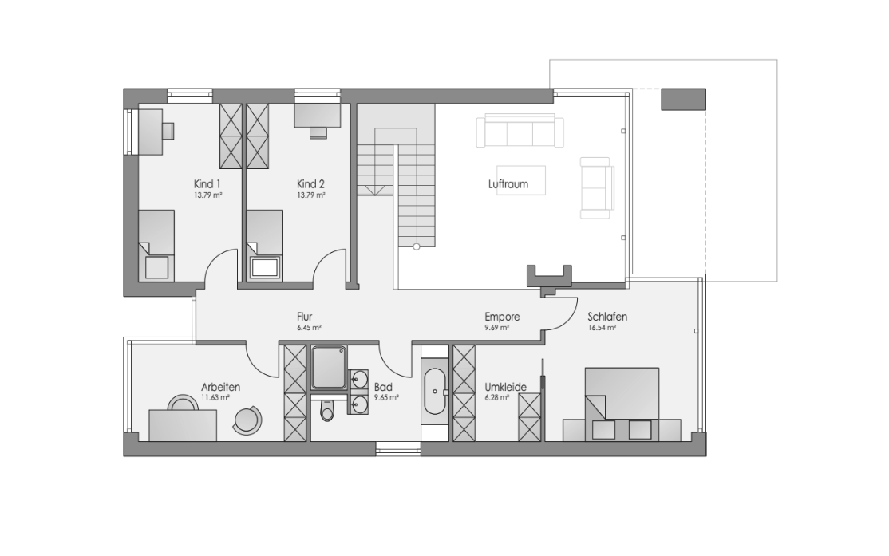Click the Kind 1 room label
(x=207, y=184)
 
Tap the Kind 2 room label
(x=310, y=184)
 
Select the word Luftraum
(x=508, y=184)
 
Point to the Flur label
(x=305, y=317)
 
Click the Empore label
(x=502, y=317)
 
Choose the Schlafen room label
(x=607, y=317)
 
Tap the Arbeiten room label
(x=220, y=387)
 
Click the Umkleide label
(x=506, y=387)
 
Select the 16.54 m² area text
(x=603, y=328)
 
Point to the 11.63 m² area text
(x=215, y=398)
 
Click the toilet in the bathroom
(x=327, y=410)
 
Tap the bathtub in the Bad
(x=436, y=392)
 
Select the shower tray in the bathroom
(x=329, y=369)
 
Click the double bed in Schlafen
(x=622, y=404)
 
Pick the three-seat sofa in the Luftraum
(x=520, y=132)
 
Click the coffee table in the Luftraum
(x=521, y=180)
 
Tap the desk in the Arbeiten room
(x=183, y=425)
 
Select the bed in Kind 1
(x=156, y=245)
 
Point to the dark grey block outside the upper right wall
(x=683, y=99)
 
